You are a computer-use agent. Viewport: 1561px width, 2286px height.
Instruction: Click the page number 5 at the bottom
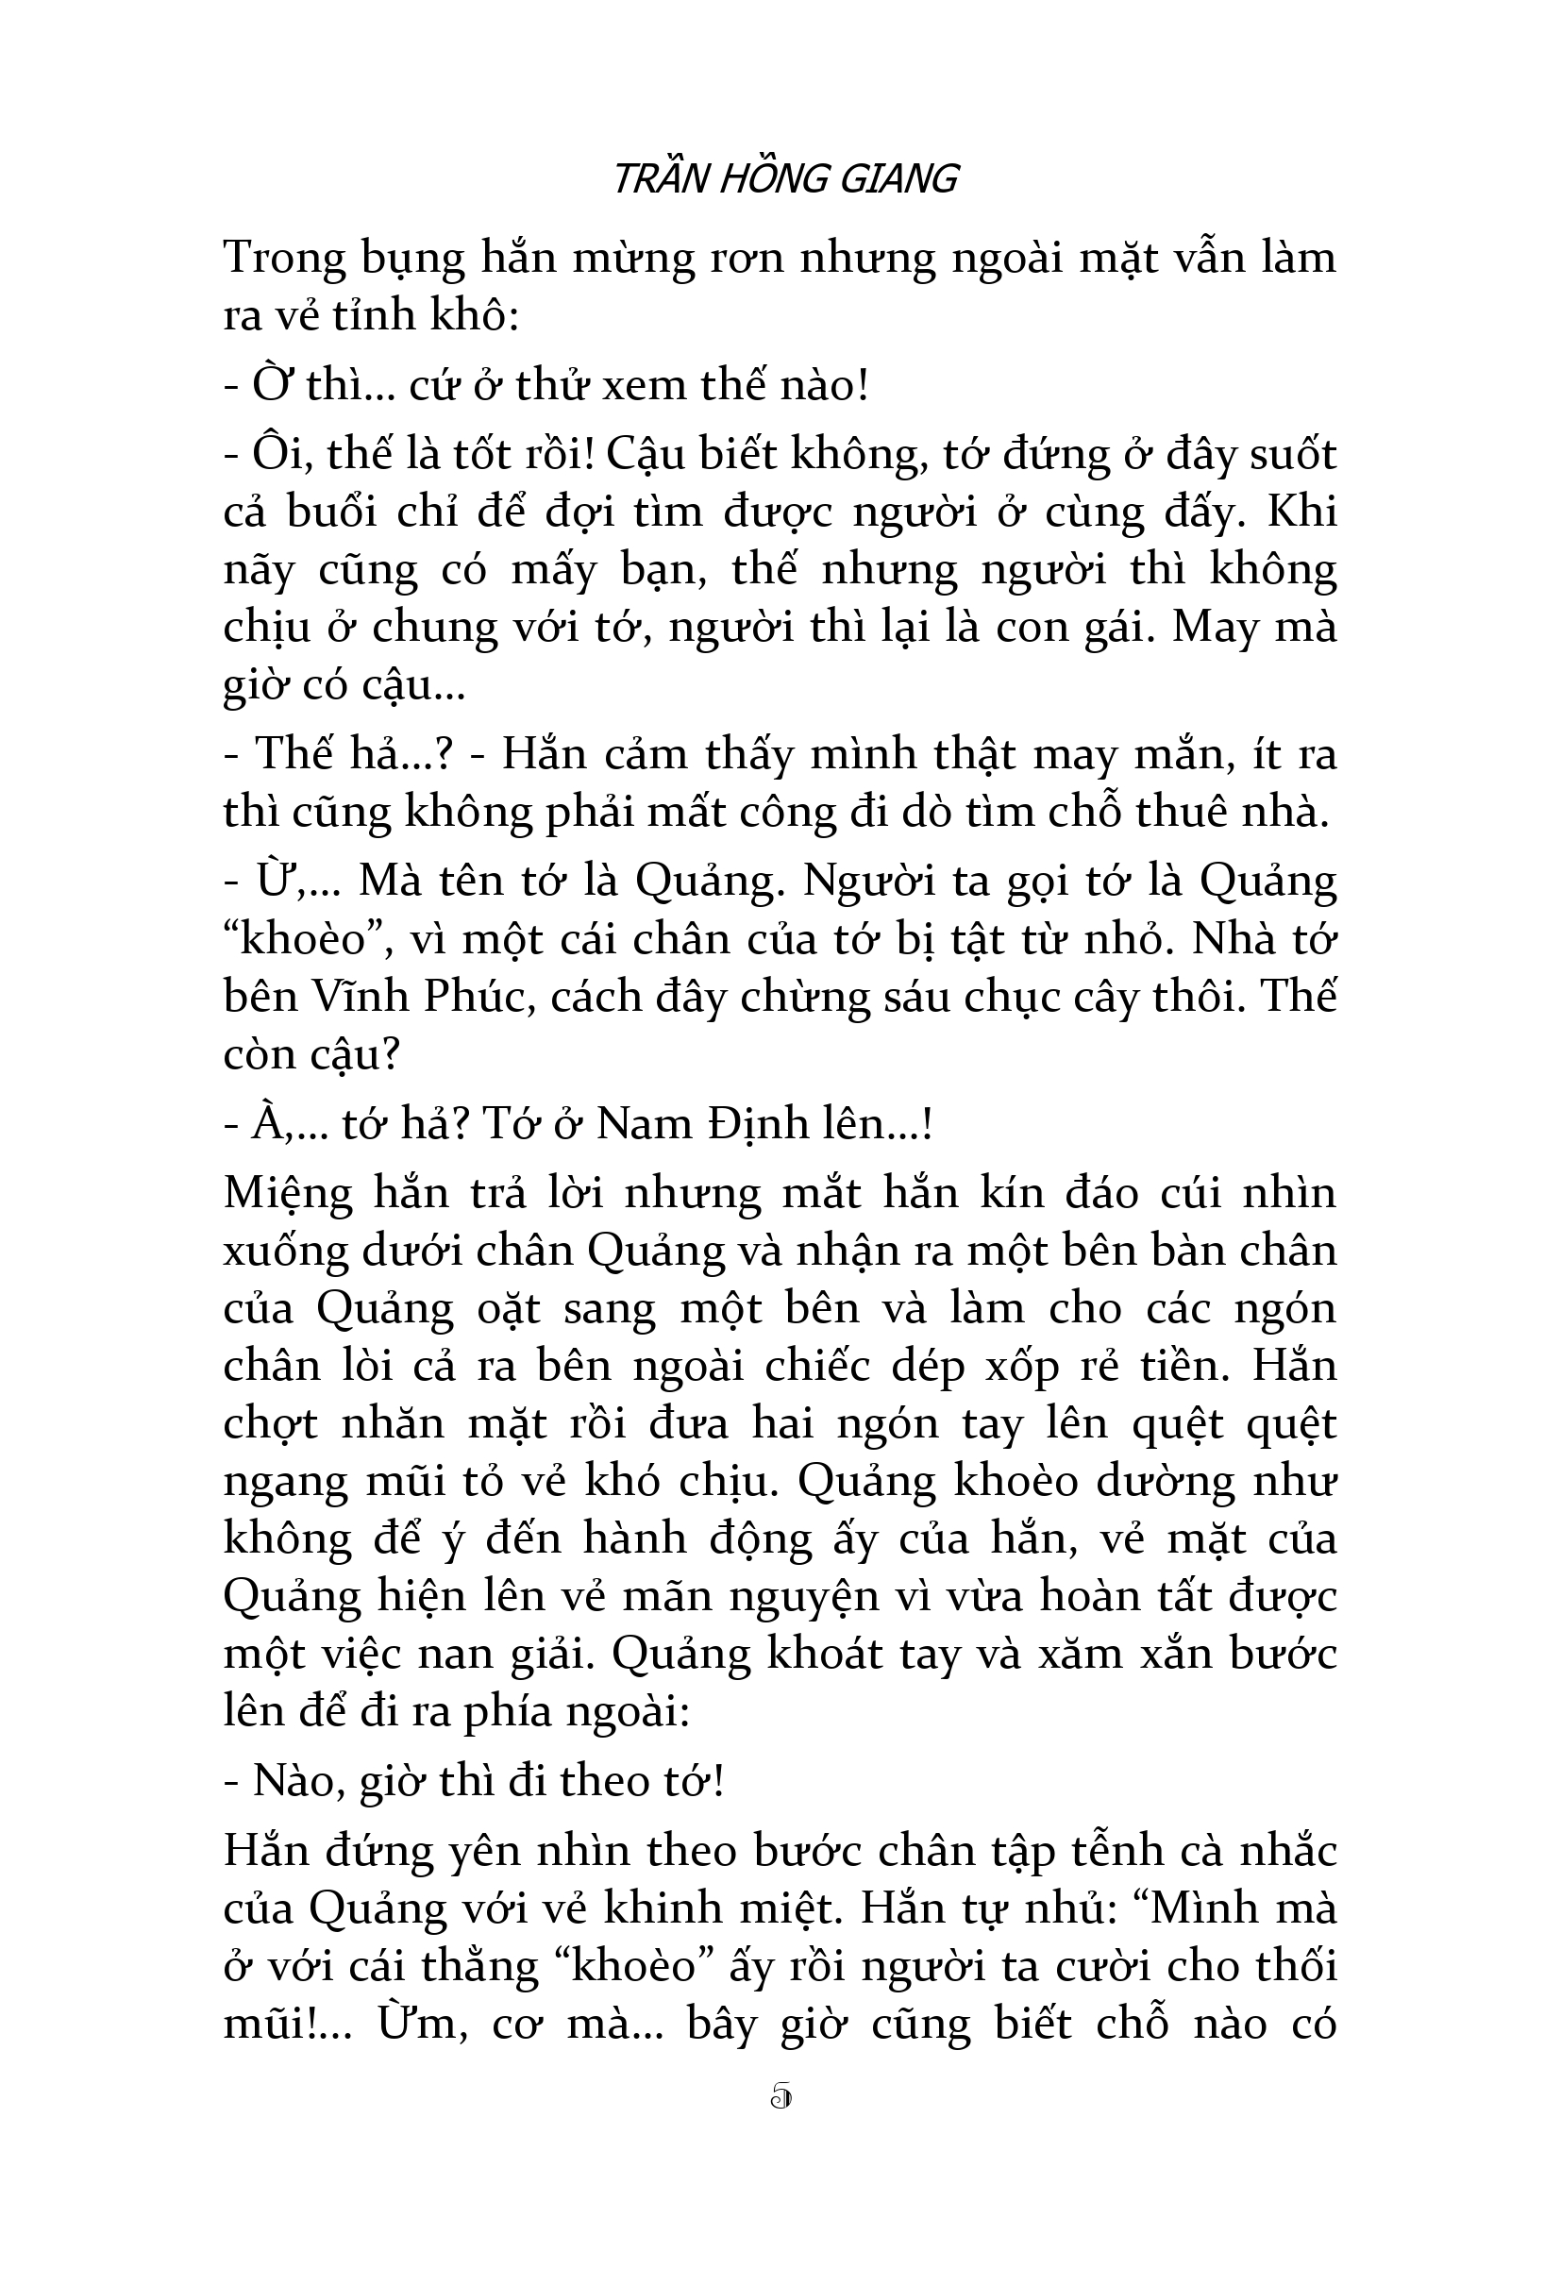coord(781,2097)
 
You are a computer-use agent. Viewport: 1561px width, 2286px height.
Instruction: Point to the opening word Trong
coord(285,258)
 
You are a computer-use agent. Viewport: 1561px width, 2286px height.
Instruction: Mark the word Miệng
coord(288,1193)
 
